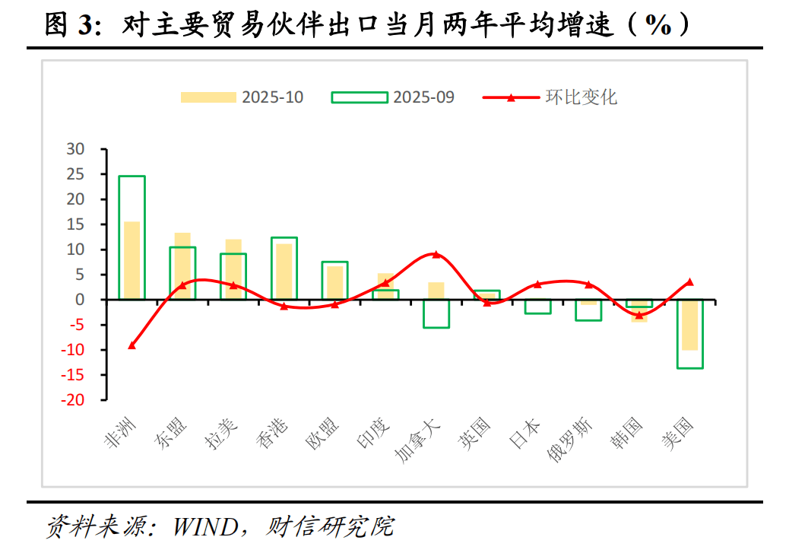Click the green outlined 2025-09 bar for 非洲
click(x=131, y=183)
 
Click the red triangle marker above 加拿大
click(x=436, y=254)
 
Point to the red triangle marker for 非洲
click(x=131, y=345)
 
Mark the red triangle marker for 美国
click(x=689, y=282)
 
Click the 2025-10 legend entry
click(x=242, y=97)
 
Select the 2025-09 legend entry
click(x=393, y=97)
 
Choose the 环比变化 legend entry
click(x=551, y=97)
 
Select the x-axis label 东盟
click(x=172, y=434)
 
